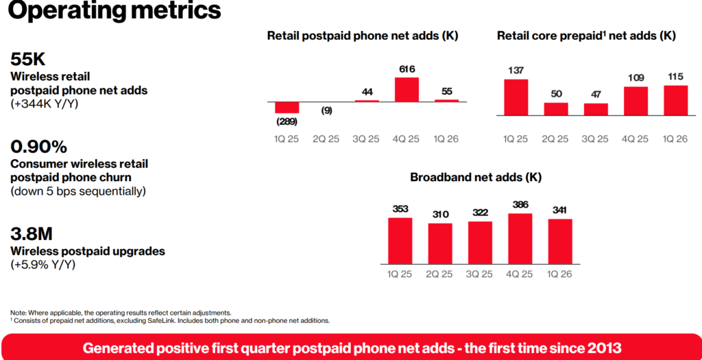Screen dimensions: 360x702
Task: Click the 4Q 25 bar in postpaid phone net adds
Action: tap(407, 89)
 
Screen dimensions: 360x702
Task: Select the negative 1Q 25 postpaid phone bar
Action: tap(287, 108)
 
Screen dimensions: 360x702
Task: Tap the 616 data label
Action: tap(407, 69)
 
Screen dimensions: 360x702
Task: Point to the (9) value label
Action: tap(326, 110)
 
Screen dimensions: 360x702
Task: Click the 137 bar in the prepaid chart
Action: tap(516, 97)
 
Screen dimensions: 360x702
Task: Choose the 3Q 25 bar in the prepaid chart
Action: tap(596, 109)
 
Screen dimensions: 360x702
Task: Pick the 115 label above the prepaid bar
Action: tap(675, 77)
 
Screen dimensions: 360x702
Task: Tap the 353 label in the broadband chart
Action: tap(400, 209)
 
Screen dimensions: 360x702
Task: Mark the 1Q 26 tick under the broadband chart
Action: tap(560, 274)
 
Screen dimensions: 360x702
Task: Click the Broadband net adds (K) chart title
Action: tap(476, 178)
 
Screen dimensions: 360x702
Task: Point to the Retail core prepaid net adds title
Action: tap(586, 36)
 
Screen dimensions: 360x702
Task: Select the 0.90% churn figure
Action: tap(38, 147)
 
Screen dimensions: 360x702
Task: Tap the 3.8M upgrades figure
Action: tap(32, 235)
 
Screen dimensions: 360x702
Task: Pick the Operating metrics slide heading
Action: tap(114, 11)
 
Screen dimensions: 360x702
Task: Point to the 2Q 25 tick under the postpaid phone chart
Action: tap(326, 139)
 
